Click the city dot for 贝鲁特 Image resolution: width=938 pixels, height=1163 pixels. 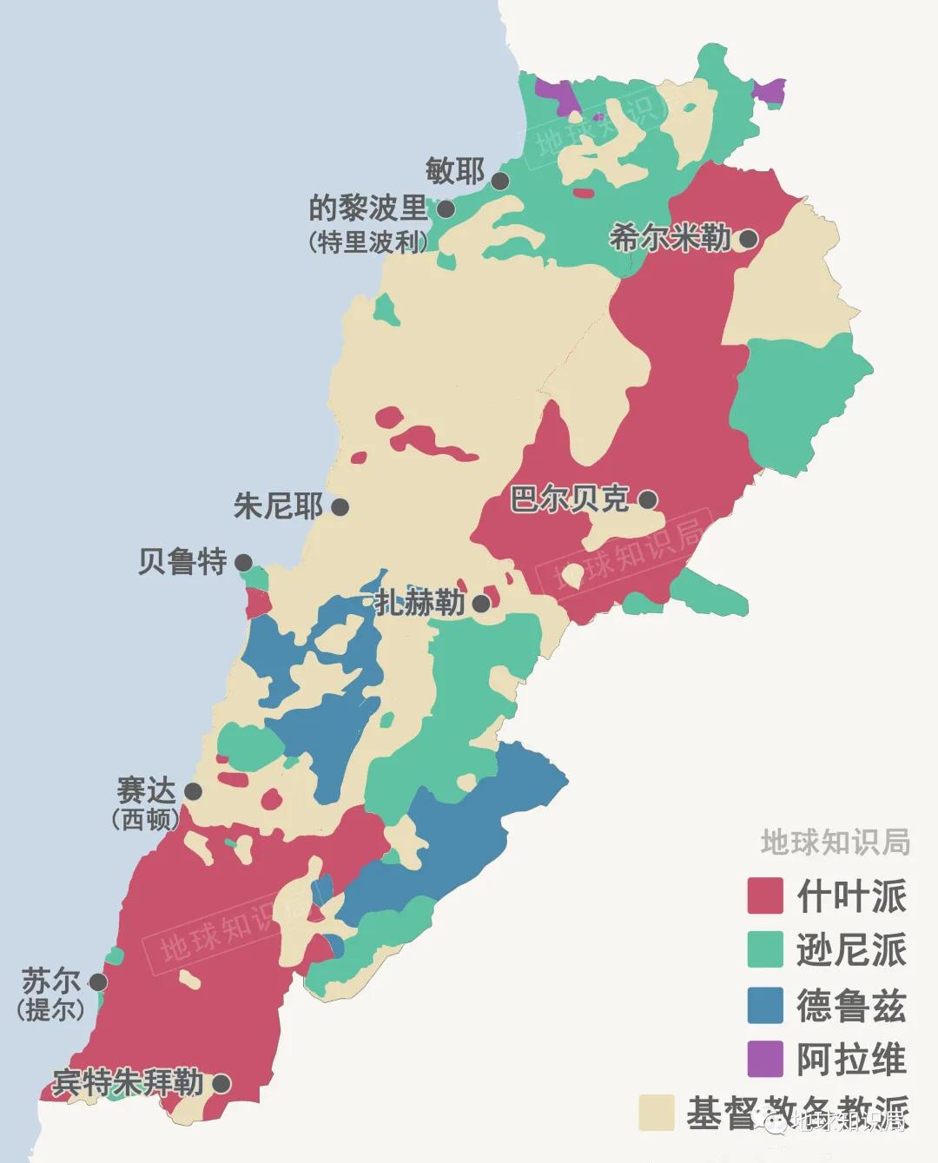point(244,562)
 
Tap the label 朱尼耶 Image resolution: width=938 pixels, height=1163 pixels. point(278,506)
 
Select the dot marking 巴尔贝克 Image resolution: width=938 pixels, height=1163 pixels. point(647,499)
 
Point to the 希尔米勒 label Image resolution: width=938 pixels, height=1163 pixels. point(670,237)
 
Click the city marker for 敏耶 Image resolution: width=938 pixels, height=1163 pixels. point(500,181)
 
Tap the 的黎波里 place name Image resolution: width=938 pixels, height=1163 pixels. point(368,208)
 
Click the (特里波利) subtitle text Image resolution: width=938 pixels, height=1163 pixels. point(368,242)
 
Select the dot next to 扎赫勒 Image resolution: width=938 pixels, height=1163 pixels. point(481,603)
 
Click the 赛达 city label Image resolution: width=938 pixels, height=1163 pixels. point(146,790)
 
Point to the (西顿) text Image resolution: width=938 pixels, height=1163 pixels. point(146,819)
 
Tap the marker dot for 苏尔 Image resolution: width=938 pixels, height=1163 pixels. point(97,981)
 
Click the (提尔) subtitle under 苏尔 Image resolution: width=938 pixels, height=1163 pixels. point(51,1010)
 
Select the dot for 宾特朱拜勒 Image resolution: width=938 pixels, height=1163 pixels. point(221,1083)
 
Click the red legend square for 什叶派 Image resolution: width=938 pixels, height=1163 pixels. point(765,895)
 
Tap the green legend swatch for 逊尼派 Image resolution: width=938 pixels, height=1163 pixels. point(765,949)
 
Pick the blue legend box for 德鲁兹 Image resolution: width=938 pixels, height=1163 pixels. point(765,1005)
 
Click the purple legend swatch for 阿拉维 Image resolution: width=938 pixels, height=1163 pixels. point(765,1059)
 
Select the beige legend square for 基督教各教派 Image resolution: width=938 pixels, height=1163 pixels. point(657,1113)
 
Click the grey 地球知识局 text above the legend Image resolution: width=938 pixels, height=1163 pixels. point(835,842)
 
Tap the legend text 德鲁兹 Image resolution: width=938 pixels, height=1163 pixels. point(851,1006)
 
